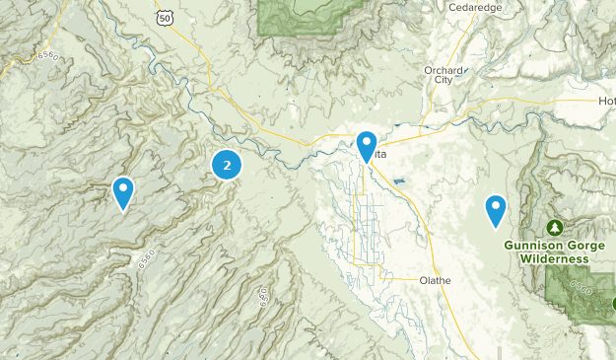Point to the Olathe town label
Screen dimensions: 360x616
pyautogui.click(x=434, y=280)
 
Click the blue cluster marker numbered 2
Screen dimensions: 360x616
pyautogui.click(x=228, y=165)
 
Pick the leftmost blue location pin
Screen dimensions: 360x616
pyautogui.click(x=123, y=191)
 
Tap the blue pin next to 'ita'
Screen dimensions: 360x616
pyautogui.click(x=367, y=146)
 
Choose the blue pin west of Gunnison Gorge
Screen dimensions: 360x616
pyautogui.click(x=495, y=210)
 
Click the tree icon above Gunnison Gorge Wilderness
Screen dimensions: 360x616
pyautogui.click(x=555, y=227)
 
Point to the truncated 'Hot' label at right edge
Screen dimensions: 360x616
pyautogui.click(x=605, y=101)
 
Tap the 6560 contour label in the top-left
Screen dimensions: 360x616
pyautogui.click(x=46, y=57)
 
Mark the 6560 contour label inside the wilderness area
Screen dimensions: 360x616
pyautogui.click(x=582, y=290)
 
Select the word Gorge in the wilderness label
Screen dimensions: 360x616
pyautogui.click(x=581, y=245)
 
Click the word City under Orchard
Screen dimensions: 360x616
pyautogui.click(x=443, y=81)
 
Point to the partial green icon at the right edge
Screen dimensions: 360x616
pyautogui.click(x=612, y=304)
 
